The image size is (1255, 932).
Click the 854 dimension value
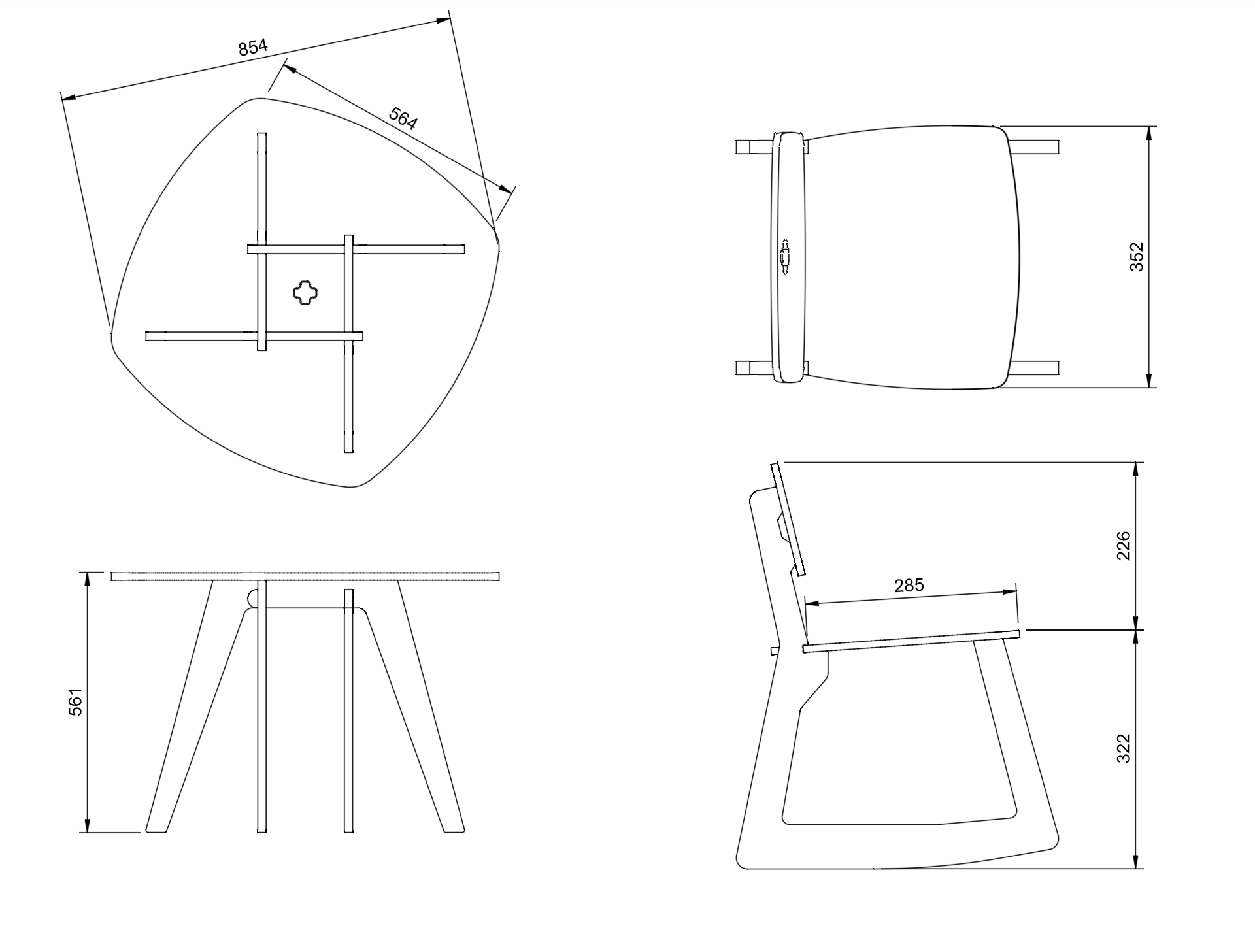pyautogui.click(x=253, y=47)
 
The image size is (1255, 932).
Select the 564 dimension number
pyautogui.click(x=403, y=118)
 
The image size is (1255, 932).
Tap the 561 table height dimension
pyautogui.click(x=76, y=702)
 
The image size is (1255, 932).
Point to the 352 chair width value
pyautogui.click(x=1137, y=257)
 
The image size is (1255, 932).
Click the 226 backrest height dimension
pyautogui.click(x=1123, y=546)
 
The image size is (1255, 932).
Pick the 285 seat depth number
pyautogui.click(x=909, y=585)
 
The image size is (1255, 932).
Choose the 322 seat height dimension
pyautogui.click(x=1123, y=748)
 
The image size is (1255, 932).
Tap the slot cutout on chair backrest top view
pyautogui.click(x=784, y=257)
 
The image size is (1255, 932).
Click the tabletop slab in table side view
pyautogui.click(x=305, y=576)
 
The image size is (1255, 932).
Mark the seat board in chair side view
pyautogui.click(x=911, y=641)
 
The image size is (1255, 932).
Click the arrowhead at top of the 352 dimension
pyautogui.click(x=1149, y=134)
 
